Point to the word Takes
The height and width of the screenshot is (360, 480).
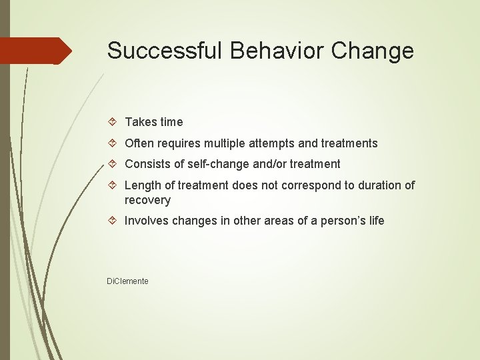point(139,122)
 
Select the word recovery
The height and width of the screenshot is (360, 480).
point(147,200)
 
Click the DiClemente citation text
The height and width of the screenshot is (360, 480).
point(128,281)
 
